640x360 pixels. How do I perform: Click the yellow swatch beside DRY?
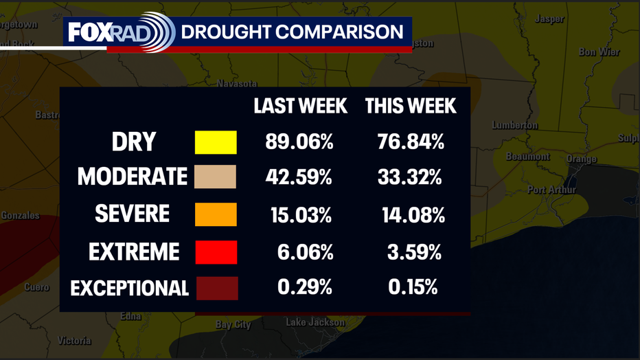[x=216, y=142]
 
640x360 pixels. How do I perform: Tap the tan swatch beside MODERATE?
[x=215, y=177]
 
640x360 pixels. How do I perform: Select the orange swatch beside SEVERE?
[x=216, y=214]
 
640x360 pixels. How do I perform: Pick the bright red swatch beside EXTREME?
[x=216, y=252]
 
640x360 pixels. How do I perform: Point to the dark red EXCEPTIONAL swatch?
[x=217, y=288]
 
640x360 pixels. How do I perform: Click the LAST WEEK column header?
[x=300, y=106]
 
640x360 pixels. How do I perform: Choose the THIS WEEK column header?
[x=411, y=106]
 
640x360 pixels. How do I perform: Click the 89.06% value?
[x=299, y=142]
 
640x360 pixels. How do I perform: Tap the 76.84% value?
[x=411, y=142]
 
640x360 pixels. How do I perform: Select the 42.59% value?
[x=299, y=177]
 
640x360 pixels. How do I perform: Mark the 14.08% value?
[x=413, y=215]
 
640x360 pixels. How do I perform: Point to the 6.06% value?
[x=305, y=252]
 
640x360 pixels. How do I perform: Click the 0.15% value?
[x=413, y=286]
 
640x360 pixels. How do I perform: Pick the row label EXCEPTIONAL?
[x=130, y=289]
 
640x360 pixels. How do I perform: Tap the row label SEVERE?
[x=132, y=214]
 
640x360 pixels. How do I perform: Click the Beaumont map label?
[x=527, y=157]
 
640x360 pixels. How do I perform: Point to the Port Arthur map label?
[x=551, y=190]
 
